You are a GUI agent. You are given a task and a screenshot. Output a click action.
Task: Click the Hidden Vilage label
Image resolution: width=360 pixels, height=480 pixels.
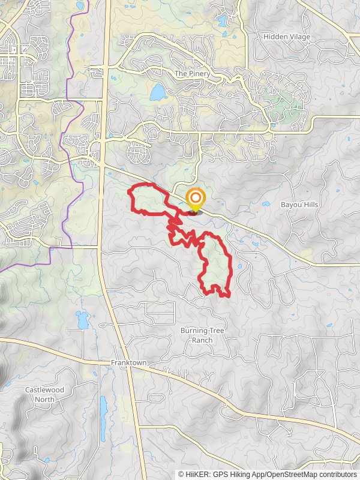coord(287,37)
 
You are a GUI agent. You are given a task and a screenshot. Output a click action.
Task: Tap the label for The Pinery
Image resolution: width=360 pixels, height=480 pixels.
coord(190,74)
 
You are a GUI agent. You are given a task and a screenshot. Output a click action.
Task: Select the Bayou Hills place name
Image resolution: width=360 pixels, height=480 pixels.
coord(299,205)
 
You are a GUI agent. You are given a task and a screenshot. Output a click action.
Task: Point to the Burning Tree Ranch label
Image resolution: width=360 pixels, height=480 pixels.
coord(203,335)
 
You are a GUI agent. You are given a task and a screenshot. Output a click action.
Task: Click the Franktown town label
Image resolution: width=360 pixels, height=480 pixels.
coord(128,364)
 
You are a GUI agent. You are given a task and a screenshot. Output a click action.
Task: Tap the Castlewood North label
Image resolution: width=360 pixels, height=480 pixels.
coord(45,394)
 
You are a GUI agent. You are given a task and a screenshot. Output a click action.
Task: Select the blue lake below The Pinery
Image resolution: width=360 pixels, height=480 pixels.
coord(157,92)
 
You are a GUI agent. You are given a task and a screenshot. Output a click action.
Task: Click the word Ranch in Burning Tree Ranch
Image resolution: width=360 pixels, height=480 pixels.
coord(203,340)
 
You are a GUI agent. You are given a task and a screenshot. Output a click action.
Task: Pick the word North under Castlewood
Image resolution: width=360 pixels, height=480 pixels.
coord(45,398)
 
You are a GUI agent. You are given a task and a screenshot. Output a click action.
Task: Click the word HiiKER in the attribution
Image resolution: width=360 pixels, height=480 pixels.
coord(196,474)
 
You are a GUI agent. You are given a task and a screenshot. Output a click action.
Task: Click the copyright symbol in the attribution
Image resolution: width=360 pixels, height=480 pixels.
coord(181,474)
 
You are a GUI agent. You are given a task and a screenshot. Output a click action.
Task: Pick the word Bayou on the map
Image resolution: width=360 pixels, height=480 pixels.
coord(290,205)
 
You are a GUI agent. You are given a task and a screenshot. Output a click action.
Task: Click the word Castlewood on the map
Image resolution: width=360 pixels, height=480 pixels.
coord(45,390)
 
